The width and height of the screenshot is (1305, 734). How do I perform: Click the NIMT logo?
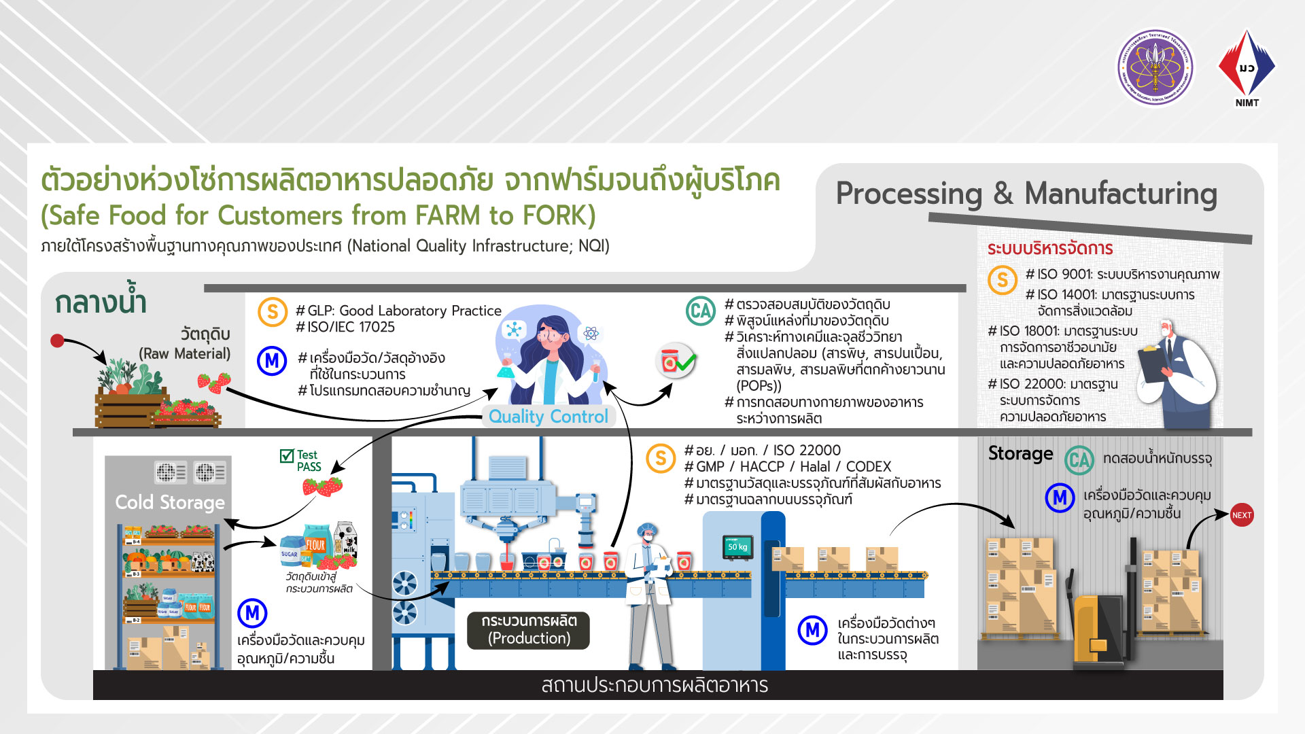tap(1247, 68)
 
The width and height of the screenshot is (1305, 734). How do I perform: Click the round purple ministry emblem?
tap(1155, 67)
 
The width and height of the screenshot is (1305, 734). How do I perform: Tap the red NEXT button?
tap(1242, 515)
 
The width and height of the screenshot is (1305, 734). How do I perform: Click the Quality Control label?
tap(548, 417)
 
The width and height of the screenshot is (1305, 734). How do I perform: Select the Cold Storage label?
tap(169, 502)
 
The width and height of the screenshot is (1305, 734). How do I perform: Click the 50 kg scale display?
tap(737, 546)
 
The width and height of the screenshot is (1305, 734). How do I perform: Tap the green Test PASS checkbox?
tap(287, 456)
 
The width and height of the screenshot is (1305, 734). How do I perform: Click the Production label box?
tap(528, 630)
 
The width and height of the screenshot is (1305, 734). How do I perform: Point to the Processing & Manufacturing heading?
tap(1026, 194)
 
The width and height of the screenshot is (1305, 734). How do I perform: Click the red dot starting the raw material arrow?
tap(58, 340)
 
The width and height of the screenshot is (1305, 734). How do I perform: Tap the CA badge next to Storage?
tap(1079, 460)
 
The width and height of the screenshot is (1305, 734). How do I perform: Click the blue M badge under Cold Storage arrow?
tap(252, 613)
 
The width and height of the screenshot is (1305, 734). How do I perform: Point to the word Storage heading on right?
tap(1020, 453)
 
